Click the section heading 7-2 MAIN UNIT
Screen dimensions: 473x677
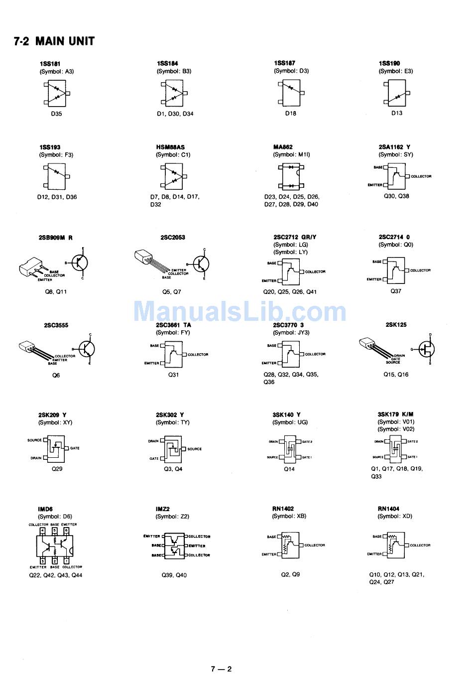click(x=54, y=41)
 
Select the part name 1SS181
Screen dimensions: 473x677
click(x=49, y=64)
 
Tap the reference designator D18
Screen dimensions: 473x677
click(x=291, y=114)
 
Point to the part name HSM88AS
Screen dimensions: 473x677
click(x=170, y=147)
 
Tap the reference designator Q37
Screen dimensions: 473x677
click(x=396, y=291)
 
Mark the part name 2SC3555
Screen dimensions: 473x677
click(x=56, y=326)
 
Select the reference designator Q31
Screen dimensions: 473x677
click(x=173, y=375)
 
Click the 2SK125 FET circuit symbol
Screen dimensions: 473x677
click(x=426, y=349)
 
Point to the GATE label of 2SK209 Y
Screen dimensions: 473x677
click(x=75, y=448)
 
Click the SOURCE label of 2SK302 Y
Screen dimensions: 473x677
click(x=195, y=449)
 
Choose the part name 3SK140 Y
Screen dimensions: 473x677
click(x=286, y=415)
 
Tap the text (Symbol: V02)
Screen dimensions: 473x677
click(x=396, y=429)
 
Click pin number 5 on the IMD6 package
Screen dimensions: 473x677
click(x=54, y=531)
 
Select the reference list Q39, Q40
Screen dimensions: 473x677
click(x=174, y=575)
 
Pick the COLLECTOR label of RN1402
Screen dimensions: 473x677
click(x=315, y=545)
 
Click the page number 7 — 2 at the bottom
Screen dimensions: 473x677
click(x=221, y=669)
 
